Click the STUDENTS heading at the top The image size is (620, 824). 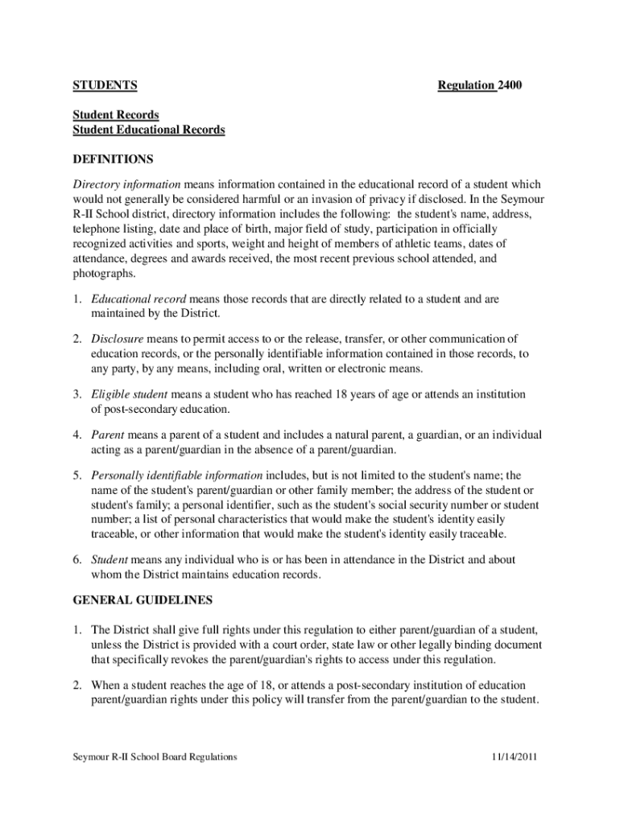pos(105,85)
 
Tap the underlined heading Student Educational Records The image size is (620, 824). pos(149,130)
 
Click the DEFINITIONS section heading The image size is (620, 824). pos(114,159)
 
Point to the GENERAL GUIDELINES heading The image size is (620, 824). pos(143,600)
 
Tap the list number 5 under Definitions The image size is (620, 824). pos(77,475)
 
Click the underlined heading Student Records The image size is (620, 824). pos(116,115)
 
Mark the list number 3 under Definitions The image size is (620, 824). pos(77,395)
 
